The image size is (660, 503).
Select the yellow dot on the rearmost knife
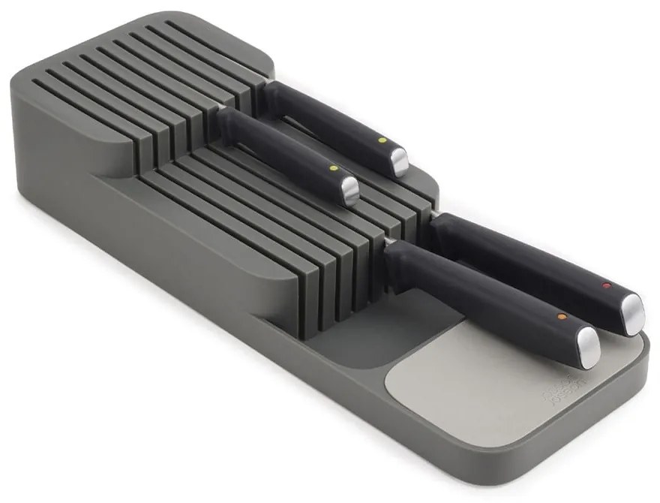[381, 140]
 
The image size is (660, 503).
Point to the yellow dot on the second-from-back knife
[332, 169]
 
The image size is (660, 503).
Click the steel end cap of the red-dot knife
[633, 309]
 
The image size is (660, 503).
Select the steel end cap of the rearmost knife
[400, 161]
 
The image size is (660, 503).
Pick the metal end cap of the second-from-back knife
[350, 191]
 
